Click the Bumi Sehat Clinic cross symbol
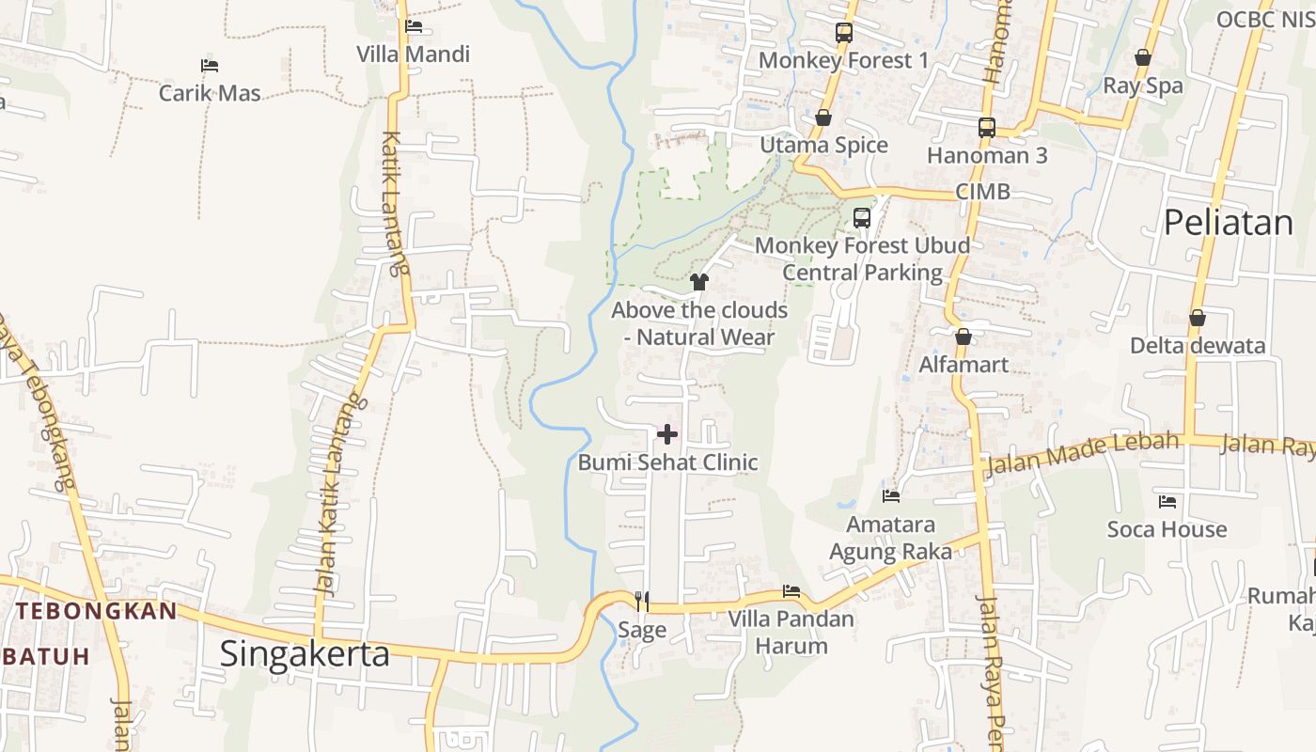[666, 434]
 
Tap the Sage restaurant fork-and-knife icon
[642, 601]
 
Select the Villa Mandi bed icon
[413, 26]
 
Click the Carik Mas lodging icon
[210, 66]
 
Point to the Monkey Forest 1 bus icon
[843, 33]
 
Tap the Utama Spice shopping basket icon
[823, 117]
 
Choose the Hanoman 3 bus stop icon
[986, 128]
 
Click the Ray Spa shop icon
[1142, 58]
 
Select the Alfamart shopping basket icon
[963, 337]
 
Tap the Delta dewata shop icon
[1197, 318]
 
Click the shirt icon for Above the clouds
[698, 281]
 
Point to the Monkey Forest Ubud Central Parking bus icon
[861, 218]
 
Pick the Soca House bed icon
[1167, 502]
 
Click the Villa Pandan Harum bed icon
[791, 591]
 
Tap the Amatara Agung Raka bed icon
[890, 495]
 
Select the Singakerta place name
[305, 653]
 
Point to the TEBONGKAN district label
[96, 611]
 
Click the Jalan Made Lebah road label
[1081, 452]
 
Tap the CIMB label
[982, 192]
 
